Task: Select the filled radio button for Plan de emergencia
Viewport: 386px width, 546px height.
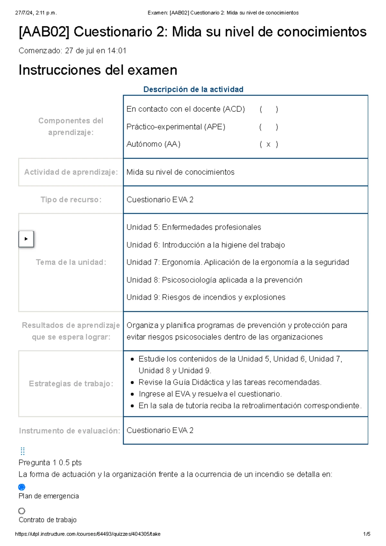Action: [x=22, y=487]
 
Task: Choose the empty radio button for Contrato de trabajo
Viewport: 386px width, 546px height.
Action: [x=22, y=511]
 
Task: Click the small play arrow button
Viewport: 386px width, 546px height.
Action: [x=26, y=239]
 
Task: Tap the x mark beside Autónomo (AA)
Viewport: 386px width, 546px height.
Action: [x=268, y=144]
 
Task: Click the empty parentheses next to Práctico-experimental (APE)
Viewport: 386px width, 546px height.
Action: [x=268, y=127]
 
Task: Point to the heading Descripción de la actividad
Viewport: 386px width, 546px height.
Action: [x=193, y=89]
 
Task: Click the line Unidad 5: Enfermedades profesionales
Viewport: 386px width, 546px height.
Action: [x=194, y=227]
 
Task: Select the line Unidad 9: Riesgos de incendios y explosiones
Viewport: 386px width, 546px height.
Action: [x=206, y=297]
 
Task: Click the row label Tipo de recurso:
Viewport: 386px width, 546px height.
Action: [x=71, y=200]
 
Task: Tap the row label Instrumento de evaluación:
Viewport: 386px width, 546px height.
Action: [x=69, y=431]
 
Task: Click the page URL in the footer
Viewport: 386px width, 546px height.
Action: [x=88, y=534]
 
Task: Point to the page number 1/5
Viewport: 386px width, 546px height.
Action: [x=366, y=534]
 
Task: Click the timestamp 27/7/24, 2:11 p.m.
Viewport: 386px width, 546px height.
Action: [x=36, y=13]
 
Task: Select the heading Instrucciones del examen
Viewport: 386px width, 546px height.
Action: [x=98, y=70]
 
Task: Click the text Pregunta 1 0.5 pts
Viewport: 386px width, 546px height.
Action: [x=50, y=462]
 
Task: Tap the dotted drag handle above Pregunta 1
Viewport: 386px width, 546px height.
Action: [x=23, y=451]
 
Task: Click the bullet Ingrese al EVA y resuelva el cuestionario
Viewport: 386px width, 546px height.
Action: [x=210, y=394]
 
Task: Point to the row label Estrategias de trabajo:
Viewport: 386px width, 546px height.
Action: [x=71, y=384]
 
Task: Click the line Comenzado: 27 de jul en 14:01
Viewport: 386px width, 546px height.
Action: [x=72, y=51]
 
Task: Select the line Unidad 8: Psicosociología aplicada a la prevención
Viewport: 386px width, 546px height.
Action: [x=214, y=280]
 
